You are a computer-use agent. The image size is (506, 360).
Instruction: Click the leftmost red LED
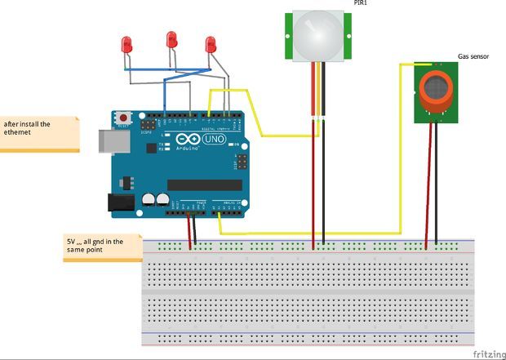tap(127, 45)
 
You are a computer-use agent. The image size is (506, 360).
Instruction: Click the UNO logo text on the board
tap(215, 140)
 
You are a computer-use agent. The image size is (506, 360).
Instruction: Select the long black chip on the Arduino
tap(204, 184)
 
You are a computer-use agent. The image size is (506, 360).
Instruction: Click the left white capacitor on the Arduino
tap(149, 198)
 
